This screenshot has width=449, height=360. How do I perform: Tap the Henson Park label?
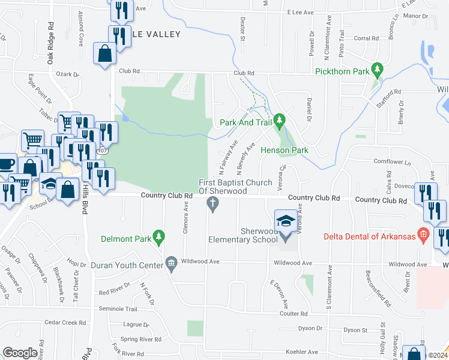point(284,150)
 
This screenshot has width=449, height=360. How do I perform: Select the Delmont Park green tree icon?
point(158,237)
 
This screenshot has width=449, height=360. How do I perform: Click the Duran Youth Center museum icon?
point(171,263)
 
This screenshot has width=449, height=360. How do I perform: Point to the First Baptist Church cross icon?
point(212,205)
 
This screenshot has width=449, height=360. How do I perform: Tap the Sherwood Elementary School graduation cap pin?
point(285,220)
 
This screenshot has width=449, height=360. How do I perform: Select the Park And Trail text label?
point(246,122)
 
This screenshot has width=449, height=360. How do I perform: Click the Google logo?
point(20,352)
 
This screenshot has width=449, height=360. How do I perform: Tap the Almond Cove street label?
point(80,36)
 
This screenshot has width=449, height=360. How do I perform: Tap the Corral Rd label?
point(366,38)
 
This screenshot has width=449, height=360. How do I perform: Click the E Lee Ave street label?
point(301,12)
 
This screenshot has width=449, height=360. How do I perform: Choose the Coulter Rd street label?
point(294,313)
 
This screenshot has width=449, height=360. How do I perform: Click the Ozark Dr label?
point(68,74)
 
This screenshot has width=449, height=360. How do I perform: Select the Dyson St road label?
point(355,330)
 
